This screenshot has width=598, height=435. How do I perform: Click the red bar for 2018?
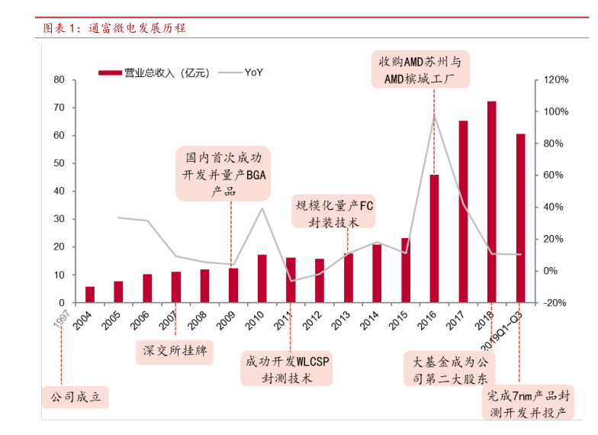pos(491,202)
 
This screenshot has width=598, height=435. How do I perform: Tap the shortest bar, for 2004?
pos(90,295)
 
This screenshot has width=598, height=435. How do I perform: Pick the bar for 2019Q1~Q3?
pos(520,218)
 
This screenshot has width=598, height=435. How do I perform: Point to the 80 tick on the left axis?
pos(59,79)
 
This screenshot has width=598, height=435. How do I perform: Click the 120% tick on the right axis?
pos(556,79)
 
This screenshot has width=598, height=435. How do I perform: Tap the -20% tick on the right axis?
pos(556,303)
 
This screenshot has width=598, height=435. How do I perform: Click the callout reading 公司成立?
pos(76,398)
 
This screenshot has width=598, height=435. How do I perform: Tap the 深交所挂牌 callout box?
pos(175,352)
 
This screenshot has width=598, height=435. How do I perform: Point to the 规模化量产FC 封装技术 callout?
pos(335,212)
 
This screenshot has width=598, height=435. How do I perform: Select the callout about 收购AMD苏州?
pos(422,69)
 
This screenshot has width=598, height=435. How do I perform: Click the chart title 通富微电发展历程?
pos(114,28)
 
